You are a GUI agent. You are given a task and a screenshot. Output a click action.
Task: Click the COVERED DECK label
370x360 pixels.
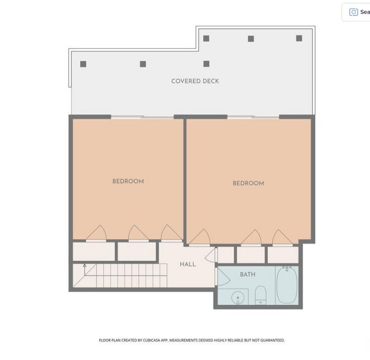tap(195, 81)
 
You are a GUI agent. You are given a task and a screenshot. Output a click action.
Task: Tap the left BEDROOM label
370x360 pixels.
tap(128, 181)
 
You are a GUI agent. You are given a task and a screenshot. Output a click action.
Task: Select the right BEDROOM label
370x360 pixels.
tap(248, 183)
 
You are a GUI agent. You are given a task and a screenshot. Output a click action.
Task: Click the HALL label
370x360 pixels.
tap(188, 264)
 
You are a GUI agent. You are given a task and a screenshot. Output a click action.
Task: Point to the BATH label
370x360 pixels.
tap(248, 274)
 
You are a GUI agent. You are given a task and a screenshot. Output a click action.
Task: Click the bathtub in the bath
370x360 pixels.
tap(287, 285)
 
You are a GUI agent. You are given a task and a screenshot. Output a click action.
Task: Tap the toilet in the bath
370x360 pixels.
tap(261, 295)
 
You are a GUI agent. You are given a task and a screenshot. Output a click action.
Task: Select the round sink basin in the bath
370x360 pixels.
tap(237, 297)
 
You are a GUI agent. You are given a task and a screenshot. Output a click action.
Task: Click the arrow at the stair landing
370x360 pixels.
tap(85, 270)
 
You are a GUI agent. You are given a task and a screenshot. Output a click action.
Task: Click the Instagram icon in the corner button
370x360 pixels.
tap(353, 12)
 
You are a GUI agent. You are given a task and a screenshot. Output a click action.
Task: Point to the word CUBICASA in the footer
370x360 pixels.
tap(151, 340)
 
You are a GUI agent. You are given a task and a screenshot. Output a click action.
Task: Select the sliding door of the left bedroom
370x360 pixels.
tap(142, 117)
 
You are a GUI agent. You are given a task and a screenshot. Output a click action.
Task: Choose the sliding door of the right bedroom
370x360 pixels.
tap(253, 117)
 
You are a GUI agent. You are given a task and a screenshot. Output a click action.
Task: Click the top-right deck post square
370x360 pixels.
tap(299, 38)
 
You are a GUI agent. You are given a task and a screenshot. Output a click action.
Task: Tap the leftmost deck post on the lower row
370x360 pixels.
tap(83, 64)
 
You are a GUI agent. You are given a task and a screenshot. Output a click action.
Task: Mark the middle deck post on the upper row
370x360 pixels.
tap(251, 39)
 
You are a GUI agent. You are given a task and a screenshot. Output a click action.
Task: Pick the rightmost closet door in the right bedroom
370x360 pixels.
tap(283, 238)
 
